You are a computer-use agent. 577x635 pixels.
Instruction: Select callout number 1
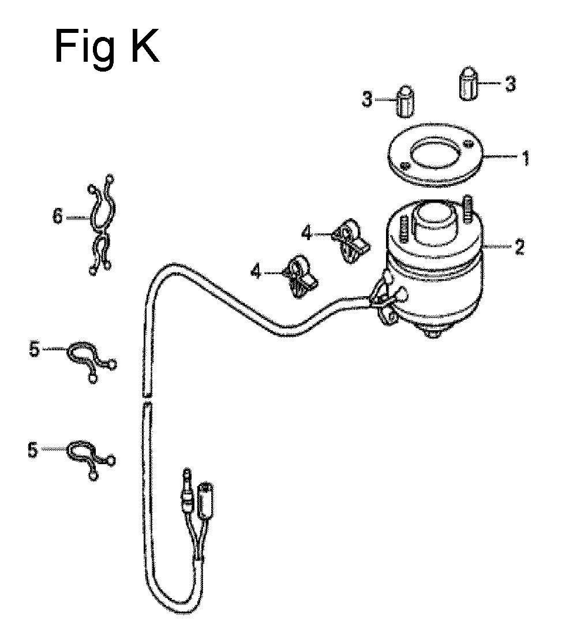coord(525,158)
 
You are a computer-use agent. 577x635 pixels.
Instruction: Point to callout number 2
coord(519,247)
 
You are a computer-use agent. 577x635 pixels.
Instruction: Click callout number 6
coord(58,217)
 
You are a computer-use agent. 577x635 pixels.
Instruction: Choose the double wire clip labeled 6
coord(101,224)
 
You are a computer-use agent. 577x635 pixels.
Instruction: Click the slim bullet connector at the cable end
coord(187,491)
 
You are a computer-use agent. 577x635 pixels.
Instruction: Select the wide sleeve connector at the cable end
coord(205,500)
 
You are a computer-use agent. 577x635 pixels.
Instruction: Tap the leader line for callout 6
coord(77,218)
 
